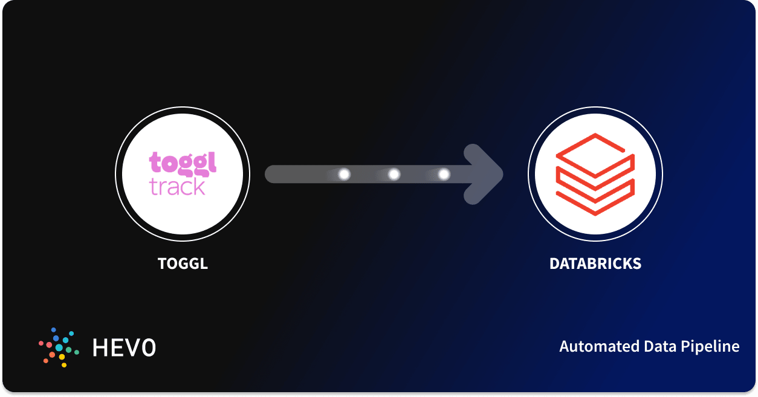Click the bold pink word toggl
tap(183, 164)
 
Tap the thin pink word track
tap(178, 187)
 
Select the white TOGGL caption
tap(183, 263)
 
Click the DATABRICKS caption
tap(595, 263)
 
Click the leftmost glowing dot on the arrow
tap(344, 174)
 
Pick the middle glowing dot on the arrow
tap(394, 174)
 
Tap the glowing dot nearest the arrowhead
tap(444, 174)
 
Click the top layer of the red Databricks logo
tap(595, 151)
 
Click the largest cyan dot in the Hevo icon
tap(59, 347)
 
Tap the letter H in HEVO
tap(100, 347)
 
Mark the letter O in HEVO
tap(149, 347)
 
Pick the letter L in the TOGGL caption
tap(204, 263)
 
